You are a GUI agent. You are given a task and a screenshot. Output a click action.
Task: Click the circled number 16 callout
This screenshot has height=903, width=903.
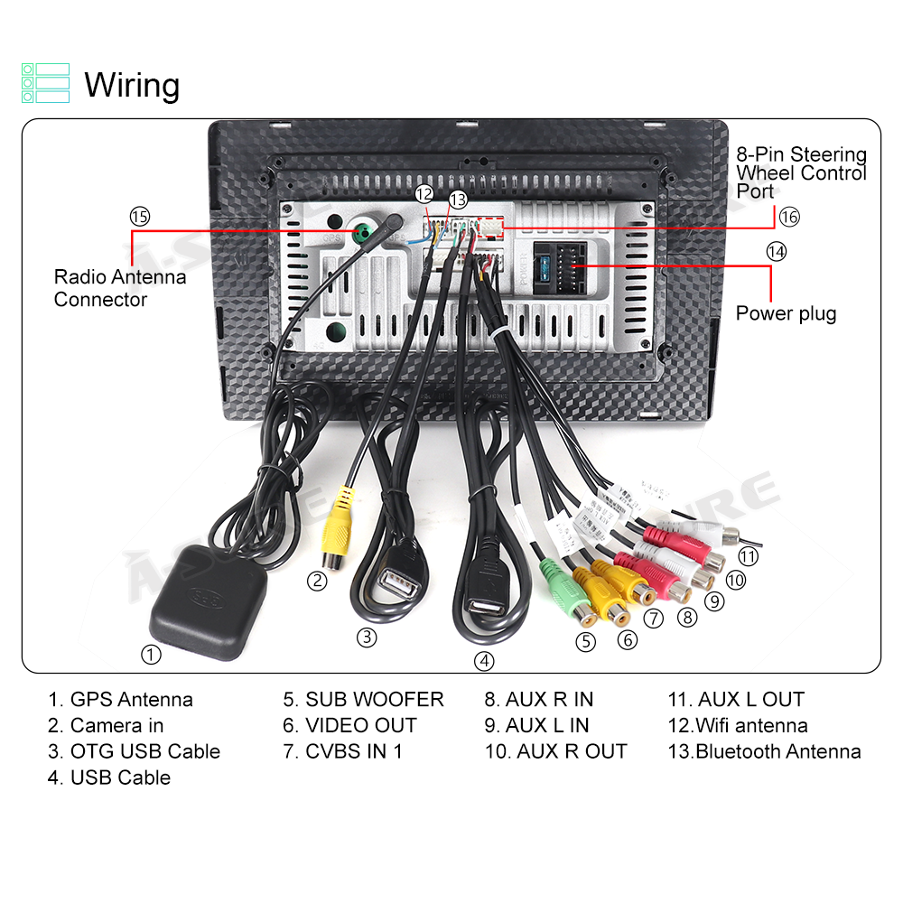click(x=788, y=217)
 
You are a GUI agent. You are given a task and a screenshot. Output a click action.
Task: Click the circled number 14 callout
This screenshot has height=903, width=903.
click(x=776, y=251)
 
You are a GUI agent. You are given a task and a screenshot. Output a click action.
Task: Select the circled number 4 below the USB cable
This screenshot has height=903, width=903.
click(x=485, y=661)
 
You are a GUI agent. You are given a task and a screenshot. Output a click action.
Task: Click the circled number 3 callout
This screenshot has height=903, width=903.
click(x=366, y=637)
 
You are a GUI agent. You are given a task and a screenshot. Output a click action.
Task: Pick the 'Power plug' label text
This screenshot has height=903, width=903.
click(x=786, y=313)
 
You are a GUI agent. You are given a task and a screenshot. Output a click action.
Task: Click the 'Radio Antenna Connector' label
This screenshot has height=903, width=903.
click(x=120, y=288)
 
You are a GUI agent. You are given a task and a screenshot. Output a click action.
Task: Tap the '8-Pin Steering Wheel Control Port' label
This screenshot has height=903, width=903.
click(x=801, y=172)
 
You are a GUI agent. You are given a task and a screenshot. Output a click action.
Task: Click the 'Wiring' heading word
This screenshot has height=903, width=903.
click(x=132, y=86)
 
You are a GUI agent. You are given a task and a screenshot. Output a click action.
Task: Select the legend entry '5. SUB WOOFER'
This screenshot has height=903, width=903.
click(x=363, y=700)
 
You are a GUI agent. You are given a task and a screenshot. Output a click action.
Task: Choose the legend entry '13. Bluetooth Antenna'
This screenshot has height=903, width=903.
click(x=764, y=751)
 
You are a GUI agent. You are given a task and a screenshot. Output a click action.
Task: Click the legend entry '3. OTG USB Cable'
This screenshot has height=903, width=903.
click(x=134, y=751)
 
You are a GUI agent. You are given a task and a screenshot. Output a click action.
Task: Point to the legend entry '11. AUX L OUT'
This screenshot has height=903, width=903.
click(x=735, y=700)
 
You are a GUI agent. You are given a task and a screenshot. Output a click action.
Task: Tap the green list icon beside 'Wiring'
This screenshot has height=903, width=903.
click(x=45, y=82)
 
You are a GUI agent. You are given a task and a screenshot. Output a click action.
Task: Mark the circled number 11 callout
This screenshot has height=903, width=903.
click(x=749, y=556)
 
